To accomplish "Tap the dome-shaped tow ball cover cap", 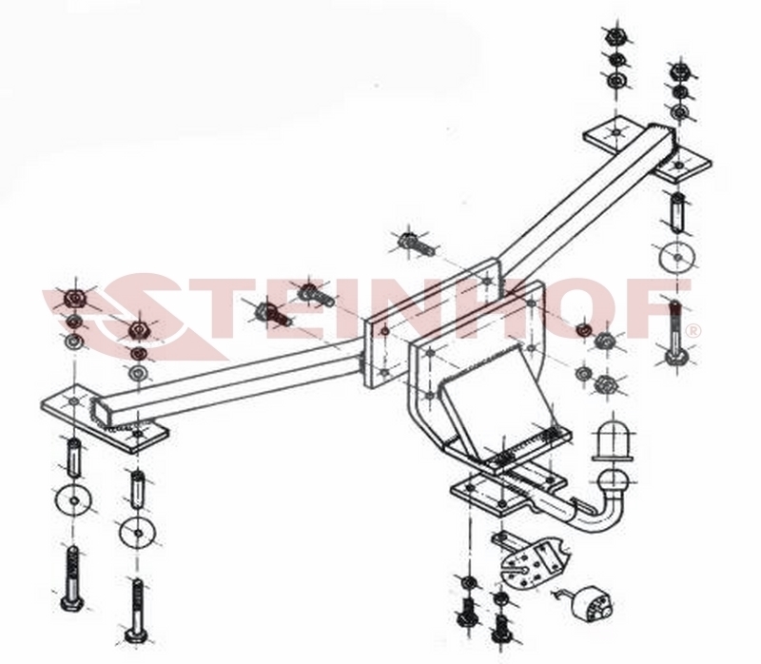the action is tap(613, 441).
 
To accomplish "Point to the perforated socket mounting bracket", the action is tap(531, 563).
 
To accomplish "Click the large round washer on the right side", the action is tap(677, 255).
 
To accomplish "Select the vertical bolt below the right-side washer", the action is tap(676, 334).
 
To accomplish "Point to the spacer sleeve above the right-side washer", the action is tap(677, 211).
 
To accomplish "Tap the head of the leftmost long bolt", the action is tap(73, 604).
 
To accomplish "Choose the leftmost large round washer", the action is tap(73, 500).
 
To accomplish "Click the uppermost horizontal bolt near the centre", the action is tap(417, 243).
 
